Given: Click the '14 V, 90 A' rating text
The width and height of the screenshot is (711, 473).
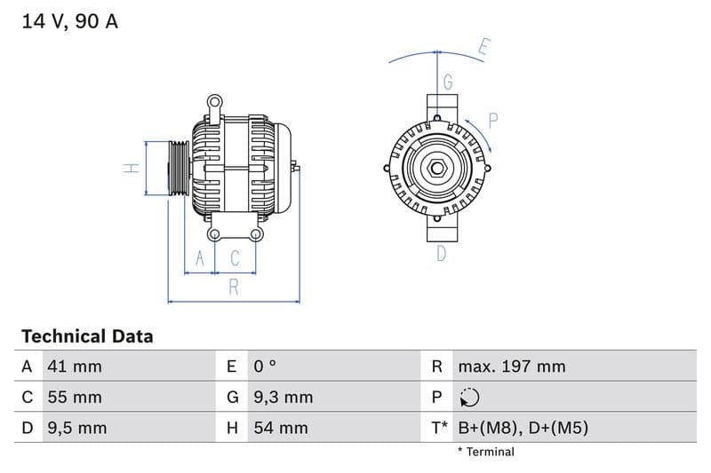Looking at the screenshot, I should pos(69,21).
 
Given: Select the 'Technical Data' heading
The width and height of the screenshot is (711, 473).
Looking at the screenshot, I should pos(87,336).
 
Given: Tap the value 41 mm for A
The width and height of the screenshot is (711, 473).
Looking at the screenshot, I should pos(75,367).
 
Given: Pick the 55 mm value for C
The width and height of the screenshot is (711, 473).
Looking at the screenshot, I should pos(75,398).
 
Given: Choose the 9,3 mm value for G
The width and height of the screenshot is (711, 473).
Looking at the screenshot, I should pos(283,398).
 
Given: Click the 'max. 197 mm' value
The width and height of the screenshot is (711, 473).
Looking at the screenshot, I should pos(511,367).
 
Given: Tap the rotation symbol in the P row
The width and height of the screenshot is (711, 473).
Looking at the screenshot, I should pos(469,398).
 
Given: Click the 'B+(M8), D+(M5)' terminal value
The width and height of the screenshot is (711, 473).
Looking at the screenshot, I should pos(523,429).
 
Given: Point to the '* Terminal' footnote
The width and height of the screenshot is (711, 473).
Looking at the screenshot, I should pos(485,452).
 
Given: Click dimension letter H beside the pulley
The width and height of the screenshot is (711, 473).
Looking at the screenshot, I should pos(129,168).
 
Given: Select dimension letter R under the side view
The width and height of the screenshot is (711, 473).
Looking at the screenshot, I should pos(234,287).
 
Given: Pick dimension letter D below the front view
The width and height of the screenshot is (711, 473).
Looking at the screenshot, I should pos(441,255).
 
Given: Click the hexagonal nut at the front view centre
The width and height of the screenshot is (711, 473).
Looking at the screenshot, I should pos(438,169).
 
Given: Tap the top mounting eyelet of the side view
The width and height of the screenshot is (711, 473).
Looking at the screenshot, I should pos(213,102).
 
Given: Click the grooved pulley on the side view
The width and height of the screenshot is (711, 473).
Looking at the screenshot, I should pos(178,168).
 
